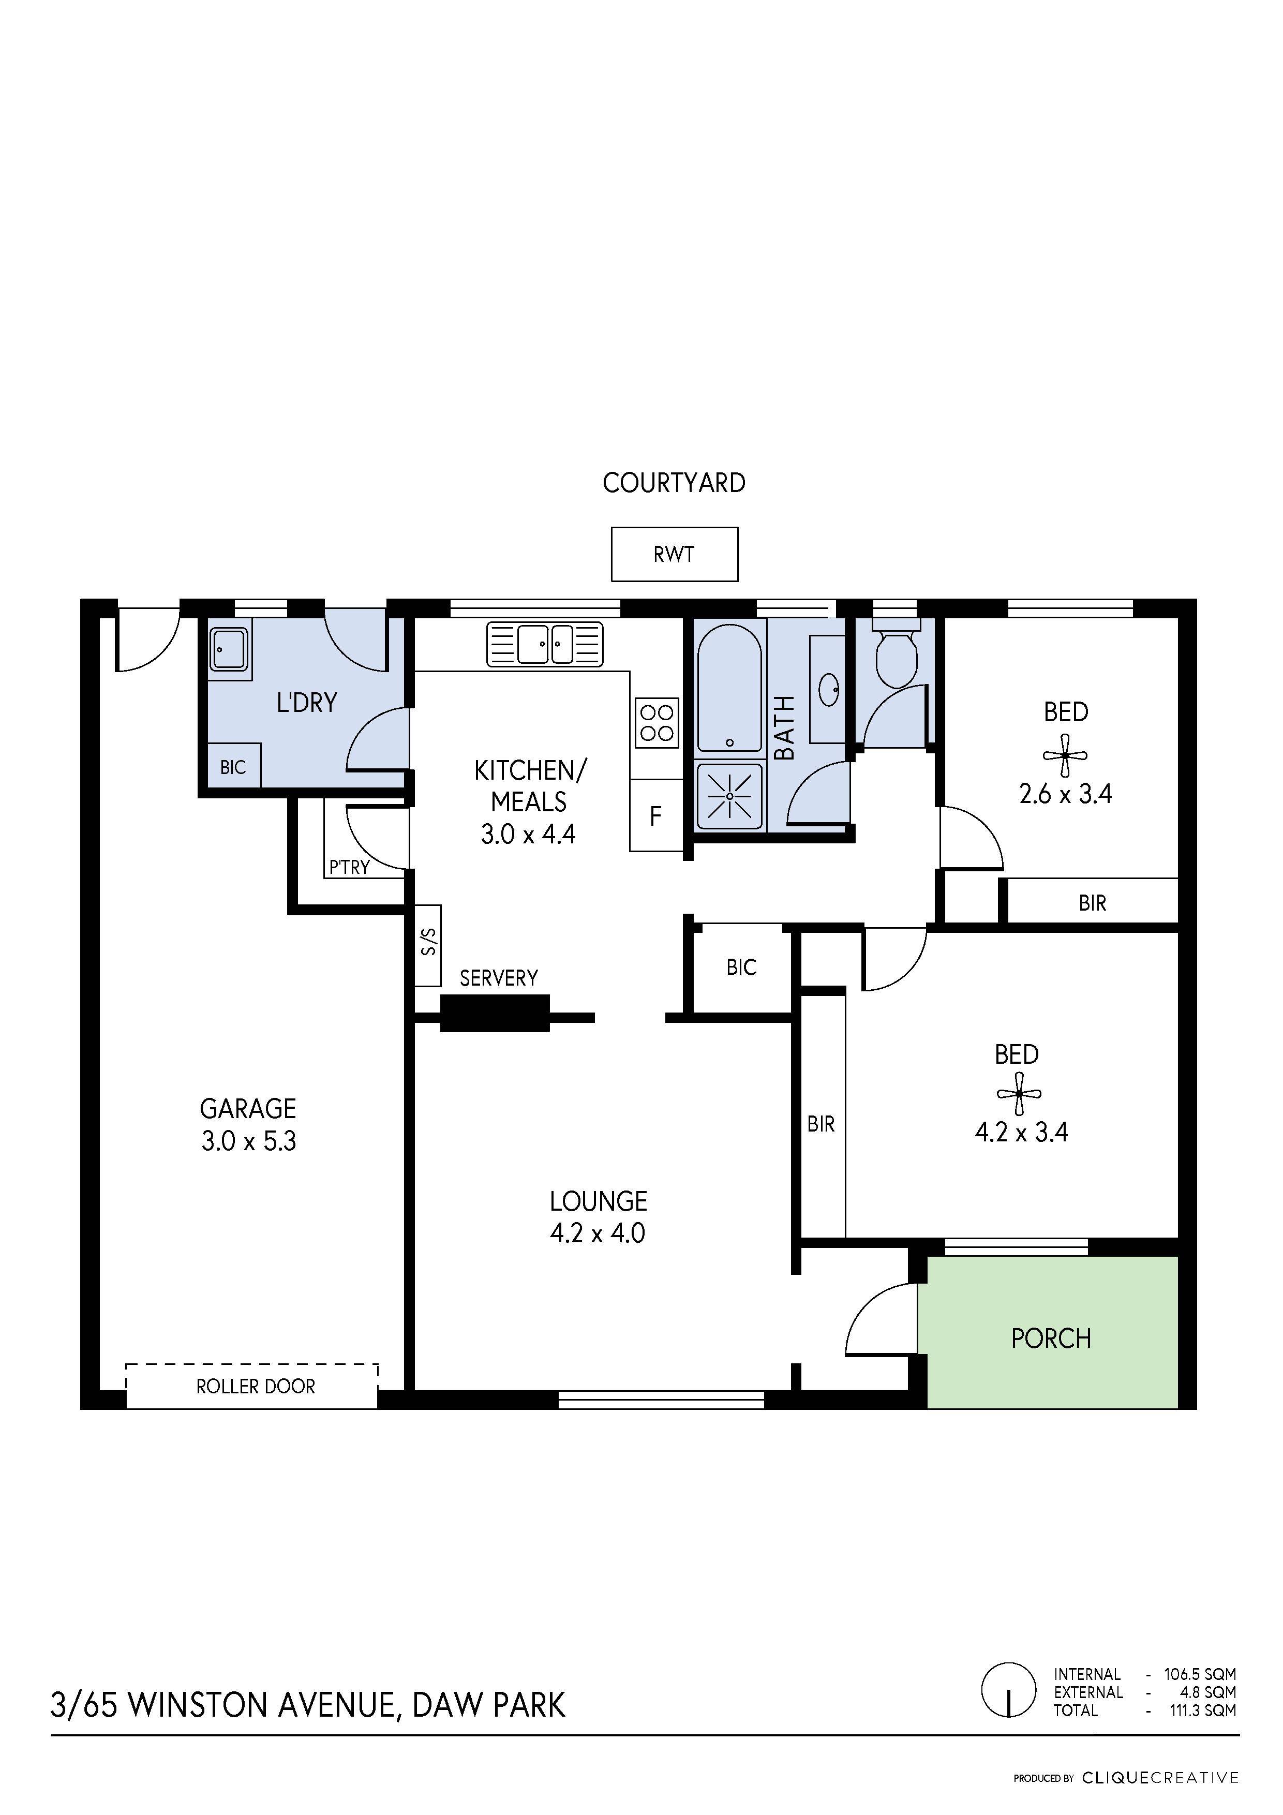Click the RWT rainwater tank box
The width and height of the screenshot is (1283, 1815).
coord(674,554)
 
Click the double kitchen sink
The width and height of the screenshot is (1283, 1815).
coord(545,644)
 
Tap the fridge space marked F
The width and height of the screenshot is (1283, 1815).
coord(656,816)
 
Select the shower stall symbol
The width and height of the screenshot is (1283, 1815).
coord(729,795)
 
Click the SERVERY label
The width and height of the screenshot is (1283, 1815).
coord(499,979)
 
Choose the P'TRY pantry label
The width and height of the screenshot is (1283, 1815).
coord(349,867)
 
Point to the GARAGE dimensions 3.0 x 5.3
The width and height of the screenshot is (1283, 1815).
coord(248,1141)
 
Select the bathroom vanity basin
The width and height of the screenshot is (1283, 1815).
coord(828,689)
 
